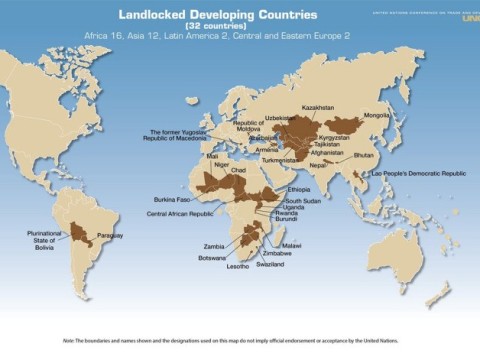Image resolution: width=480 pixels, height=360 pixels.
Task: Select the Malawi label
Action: (x=291, y=245)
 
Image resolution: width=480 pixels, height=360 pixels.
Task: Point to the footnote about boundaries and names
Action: (x=239, y=341)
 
